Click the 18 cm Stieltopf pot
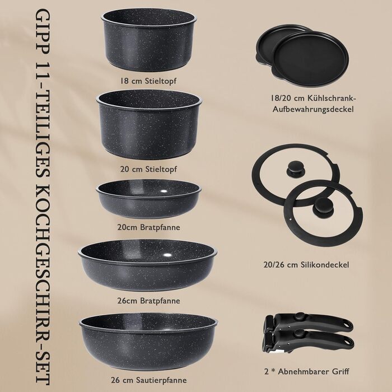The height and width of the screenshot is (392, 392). click(149, 40)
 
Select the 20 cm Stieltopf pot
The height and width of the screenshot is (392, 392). click(149, 124)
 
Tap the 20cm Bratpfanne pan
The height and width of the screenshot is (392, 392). click(148, 198)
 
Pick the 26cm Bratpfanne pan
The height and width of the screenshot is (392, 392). click(147, 265)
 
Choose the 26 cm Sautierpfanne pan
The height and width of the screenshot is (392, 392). click(148, 341)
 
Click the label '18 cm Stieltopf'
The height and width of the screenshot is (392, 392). click(148, 81)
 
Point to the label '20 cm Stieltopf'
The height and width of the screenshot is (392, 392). click(148, 169)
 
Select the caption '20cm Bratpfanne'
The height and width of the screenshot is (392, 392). click(148, 227)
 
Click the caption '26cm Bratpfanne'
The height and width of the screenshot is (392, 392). click(148, 301)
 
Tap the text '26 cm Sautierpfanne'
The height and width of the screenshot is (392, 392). click(149, 380)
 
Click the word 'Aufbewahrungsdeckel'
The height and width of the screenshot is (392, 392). click(313, 109)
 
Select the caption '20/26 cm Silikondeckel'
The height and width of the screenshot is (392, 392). click(306, 264)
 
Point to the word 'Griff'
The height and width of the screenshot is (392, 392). click(340, 371)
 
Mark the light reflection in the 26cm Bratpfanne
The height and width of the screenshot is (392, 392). click(167, 255)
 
